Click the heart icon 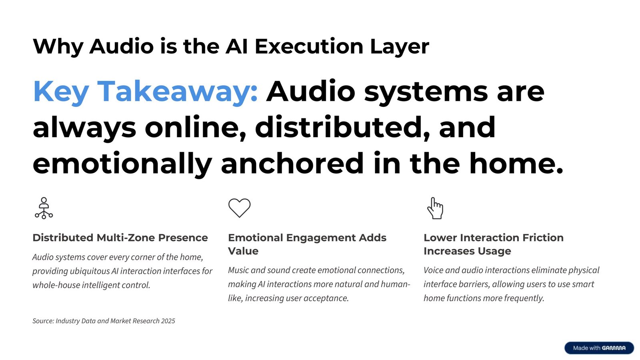(239, 208)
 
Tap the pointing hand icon (435, 208)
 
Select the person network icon (44, 208)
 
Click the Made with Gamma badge (599, 348)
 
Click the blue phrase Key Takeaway (145, 92)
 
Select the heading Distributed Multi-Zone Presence (120, 238)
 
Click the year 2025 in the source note (168, 321)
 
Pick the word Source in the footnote (43, 321)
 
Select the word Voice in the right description (433, 270)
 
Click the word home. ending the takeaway (516, 164)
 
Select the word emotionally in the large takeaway (122, 164)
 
